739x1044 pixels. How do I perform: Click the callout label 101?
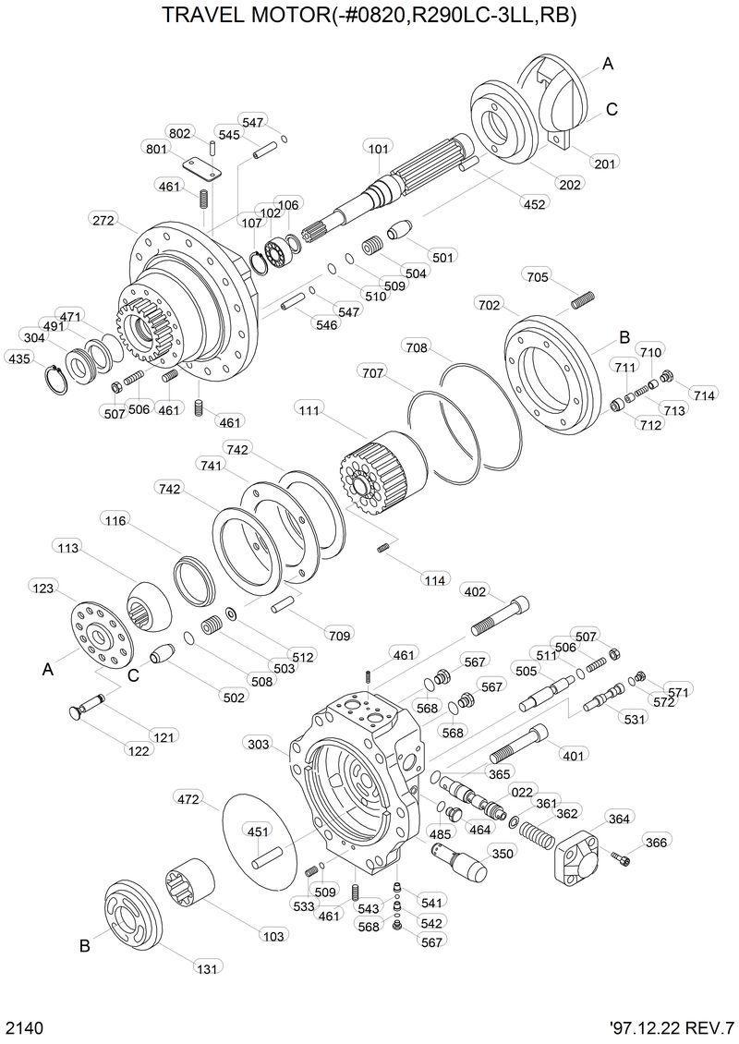pos(378,148)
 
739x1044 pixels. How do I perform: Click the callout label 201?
pos(606,164)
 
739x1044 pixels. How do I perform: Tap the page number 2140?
pos(24,1027)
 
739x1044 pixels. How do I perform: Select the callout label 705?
pos(538,276)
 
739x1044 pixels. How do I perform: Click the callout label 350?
pos(502,854)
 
